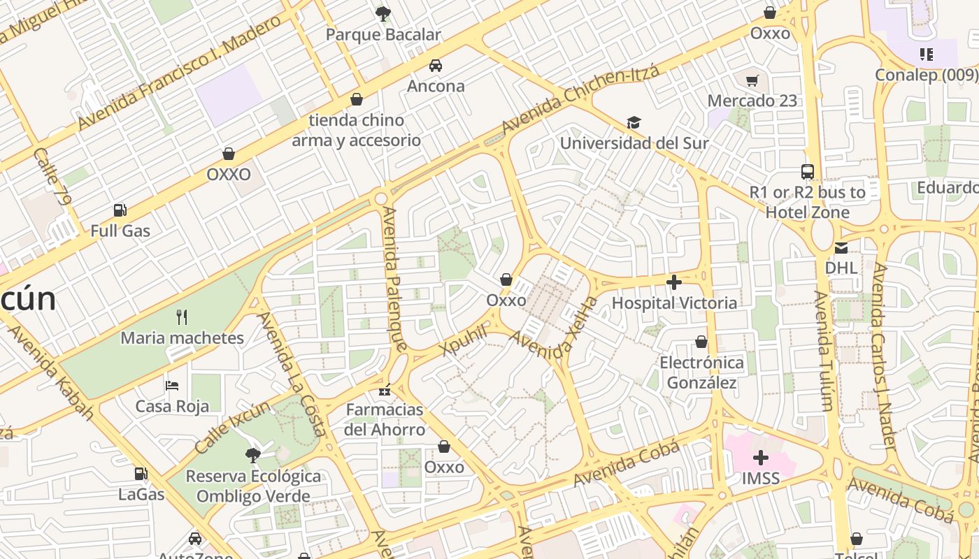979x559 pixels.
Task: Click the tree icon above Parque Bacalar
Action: [x=383, y=13]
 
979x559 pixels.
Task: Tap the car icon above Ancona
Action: [x=436, y=66]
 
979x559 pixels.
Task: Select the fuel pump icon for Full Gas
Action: [x=120, y=210]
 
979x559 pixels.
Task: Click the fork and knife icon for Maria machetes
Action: [x=182, y=317]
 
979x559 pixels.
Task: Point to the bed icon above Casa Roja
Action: [x=172, y=386]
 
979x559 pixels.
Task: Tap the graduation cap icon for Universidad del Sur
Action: [x=634, y=123]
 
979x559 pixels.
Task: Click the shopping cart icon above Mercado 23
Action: [x=752, y=80]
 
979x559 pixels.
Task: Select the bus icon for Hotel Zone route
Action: [x=807, y=171]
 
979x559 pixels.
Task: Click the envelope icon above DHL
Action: [x=841, y=247]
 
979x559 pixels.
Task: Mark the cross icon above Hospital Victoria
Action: [x=674, y=282]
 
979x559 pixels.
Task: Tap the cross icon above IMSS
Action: [x=760, y=458]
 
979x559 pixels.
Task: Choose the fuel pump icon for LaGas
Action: [x=141, y=474]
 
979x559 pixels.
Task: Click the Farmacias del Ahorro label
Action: [x=385, y=419]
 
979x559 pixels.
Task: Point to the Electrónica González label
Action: [x=701, y=372]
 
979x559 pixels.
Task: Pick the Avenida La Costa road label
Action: [x=292, y=373]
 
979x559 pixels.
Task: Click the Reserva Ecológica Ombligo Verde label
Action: [x=253, y=486]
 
